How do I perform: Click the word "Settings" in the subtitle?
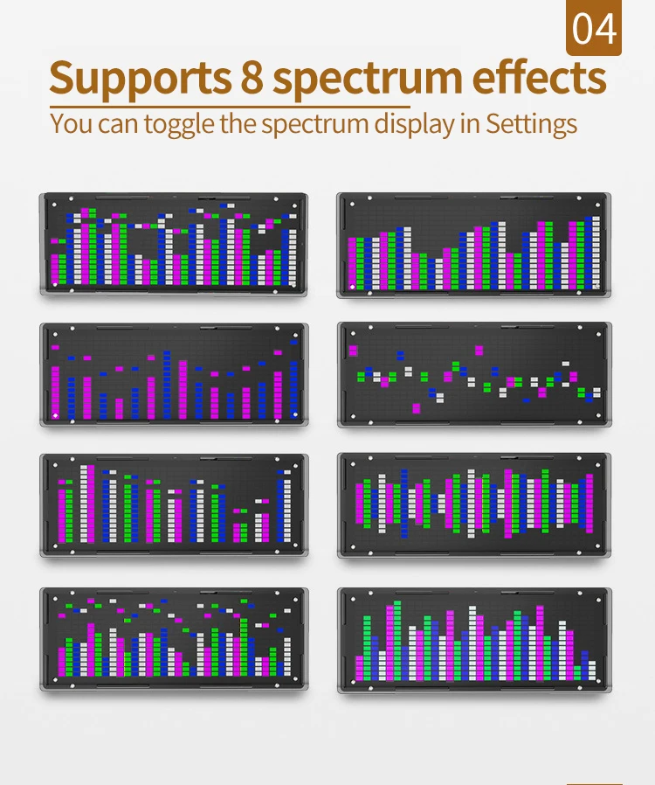pyautogui.click(x=532, y=123)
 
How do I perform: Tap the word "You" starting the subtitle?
pyautogui.click(x=71, y=122)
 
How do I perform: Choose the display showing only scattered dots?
pyautogui.click(x=474, y=374)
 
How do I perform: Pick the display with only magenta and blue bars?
pyautogui.click(x=173, y=374)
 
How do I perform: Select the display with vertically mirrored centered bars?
pyautogui.click(x=474, y=505)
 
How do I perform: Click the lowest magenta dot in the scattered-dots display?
pyautogui.click(x=417, y=407)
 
